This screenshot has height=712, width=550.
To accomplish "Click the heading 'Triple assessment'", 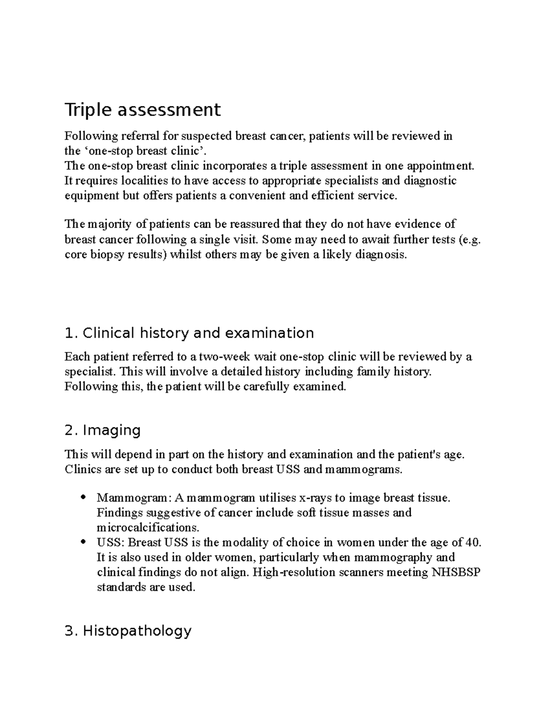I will [x=143, y=110].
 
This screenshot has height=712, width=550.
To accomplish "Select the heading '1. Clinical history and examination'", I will [x=189, y=333].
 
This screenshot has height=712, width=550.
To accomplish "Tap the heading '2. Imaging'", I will [x=103, y=431].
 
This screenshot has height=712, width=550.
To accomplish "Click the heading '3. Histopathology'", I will [x=128, y=631].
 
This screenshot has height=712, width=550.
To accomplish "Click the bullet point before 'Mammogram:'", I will [x=82, y=497].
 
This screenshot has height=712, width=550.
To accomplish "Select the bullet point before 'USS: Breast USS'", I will [x=82, y=542].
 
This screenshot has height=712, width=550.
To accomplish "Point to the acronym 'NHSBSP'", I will [x=456, y=572].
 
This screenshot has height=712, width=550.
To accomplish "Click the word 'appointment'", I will [x=438, y=166].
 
